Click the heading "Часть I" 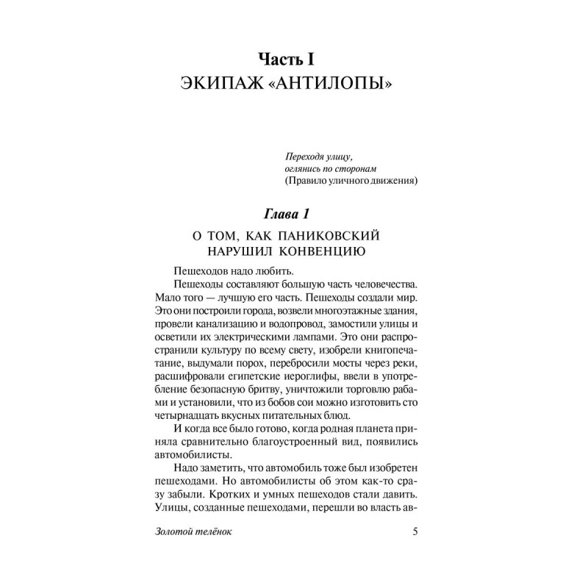[x=294, y=57]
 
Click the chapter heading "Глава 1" [x=294, y=215]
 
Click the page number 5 [x=415, y=531]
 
